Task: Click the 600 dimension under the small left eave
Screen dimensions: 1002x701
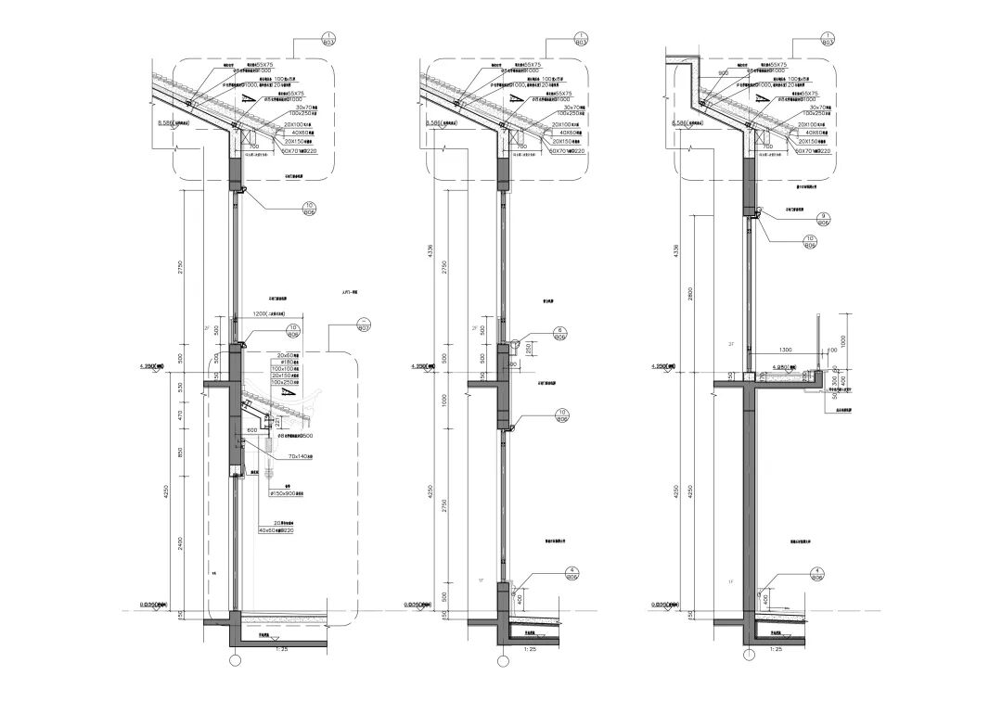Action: (x=252, y=431)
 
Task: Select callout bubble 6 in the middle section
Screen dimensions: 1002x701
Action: (x=561, y=336)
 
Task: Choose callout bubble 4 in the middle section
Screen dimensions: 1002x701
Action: (x=561, y=574)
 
